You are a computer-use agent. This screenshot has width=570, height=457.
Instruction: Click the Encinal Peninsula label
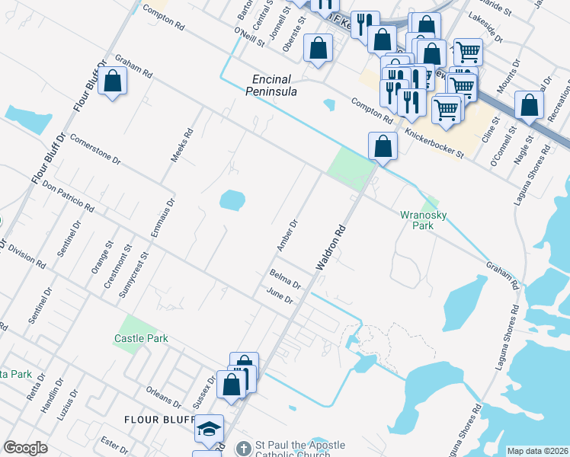click(x=274, y=85)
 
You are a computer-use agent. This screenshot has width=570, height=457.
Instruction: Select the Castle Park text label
click(x=141, y=338)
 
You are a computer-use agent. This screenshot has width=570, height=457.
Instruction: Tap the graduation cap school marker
click(x=209, y=429)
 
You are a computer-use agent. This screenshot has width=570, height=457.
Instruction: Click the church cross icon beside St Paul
click(x=243, y=447)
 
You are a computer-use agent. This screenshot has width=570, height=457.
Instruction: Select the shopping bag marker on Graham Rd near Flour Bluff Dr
click(x=112, y=80)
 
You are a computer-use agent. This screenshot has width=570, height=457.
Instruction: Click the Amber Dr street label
click(x=287, y=234)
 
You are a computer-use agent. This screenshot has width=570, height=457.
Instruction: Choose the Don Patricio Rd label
click(x=68, y=197)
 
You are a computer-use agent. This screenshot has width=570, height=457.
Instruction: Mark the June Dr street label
click(x=280, y=296)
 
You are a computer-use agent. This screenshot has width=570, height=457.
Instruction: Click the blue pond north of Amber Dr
click(x=232, y=200)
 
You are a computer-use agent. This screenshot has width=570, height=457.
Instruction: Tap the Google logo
click(x=26, y=448)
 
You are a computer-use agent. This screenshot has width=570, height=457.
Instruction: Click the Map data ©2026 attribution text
click(x=537, y=451)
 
